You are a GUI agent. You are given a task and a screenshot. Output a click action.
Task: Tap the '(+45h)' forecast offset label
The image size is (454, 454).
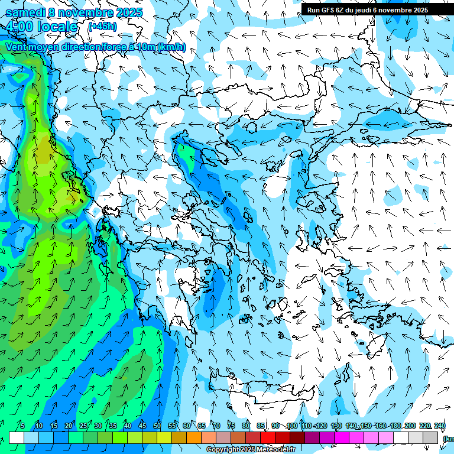click(102, 26)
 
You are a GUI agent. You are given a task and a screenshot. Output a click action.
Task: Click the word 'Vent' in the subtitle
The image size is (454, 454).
click(16, 47)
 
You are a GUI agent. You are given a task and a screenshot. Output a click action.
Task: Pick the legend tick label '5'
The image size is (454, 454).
click(22, 426)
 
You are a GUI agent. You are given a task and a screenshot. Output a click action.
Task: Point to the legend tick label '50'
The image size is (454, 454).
click(157, 426)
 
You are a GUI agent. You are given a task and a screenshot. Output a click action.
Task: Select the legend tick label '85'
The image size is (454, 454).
click(260, 426)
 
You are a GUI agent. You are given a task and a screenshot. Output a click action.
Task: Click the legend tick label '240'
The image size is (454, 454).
click(439, 426)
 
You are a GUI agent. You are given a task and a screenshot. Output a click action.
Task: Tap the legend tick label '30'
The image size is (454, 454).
click(98, 426)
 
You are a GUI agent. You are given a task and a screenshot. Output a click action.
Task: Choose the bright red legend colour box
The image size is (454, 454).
click(268, 437)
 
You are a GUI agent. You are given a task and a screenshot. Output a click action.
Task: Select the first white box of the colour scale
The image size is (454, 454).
click(17, 437)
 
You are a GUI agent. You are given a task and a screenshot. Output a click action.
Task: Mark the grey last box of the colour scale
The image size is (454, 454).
click(430, 437)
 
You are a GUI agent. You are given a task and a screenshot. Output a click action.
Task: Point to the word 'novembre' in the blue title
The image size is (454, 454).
click(80, 12)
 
